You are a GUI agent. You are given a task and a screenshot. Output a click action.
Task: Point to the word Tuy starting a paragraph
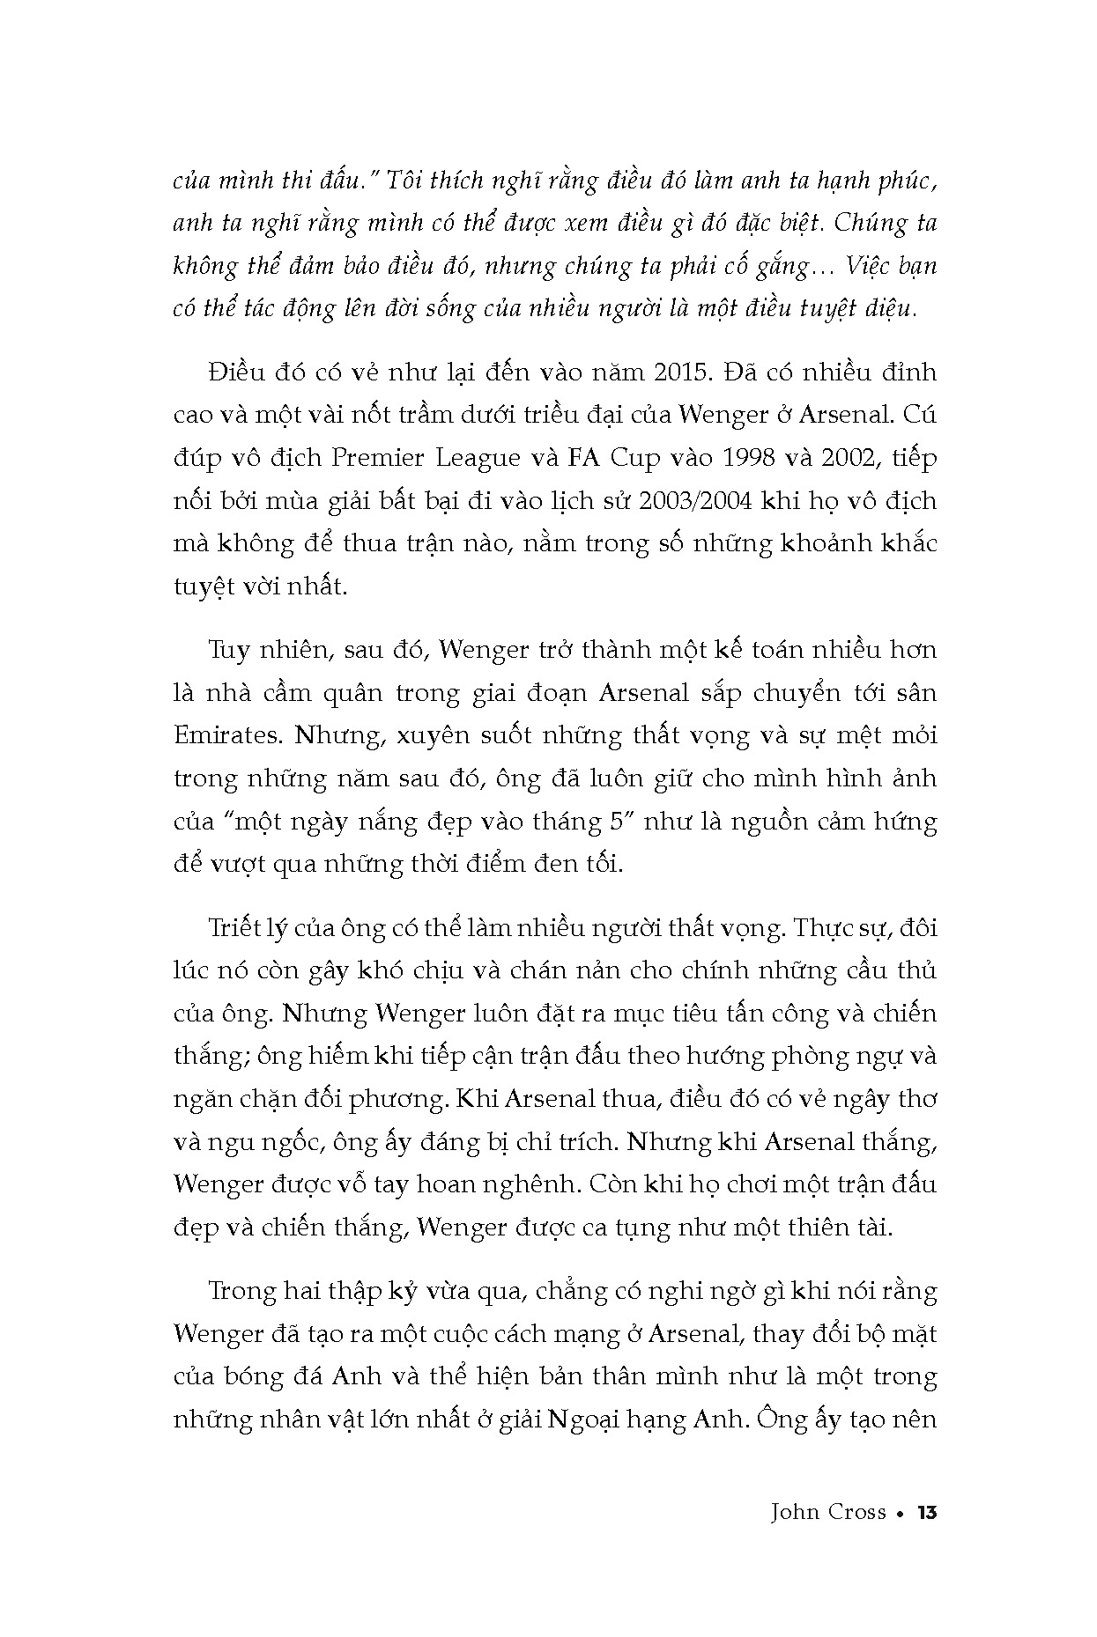tap(228, 651)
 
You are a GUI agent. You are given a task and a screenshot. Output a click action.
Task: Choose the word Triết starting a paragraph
tap(234, 928)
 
